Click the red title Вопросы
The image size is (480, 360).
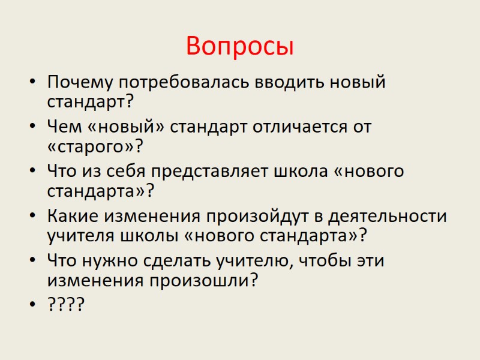pos(240,46)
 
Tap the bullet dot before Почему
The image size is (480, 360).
pos(32,82)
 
